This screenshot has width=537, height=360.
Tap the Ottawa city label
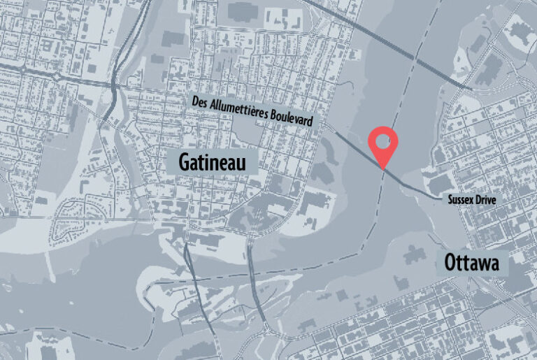pyautogui.click(x=470, y=264)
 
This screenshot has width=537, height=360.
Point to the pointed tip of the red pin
pyautogui.click(x=383, y=166)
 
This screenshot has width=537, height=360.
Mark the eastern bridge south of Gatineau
pyautogui.click(x=253, y=280)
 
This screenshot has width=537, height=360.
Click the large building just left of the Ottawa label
pyautogui.click(x=417, y=253)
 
